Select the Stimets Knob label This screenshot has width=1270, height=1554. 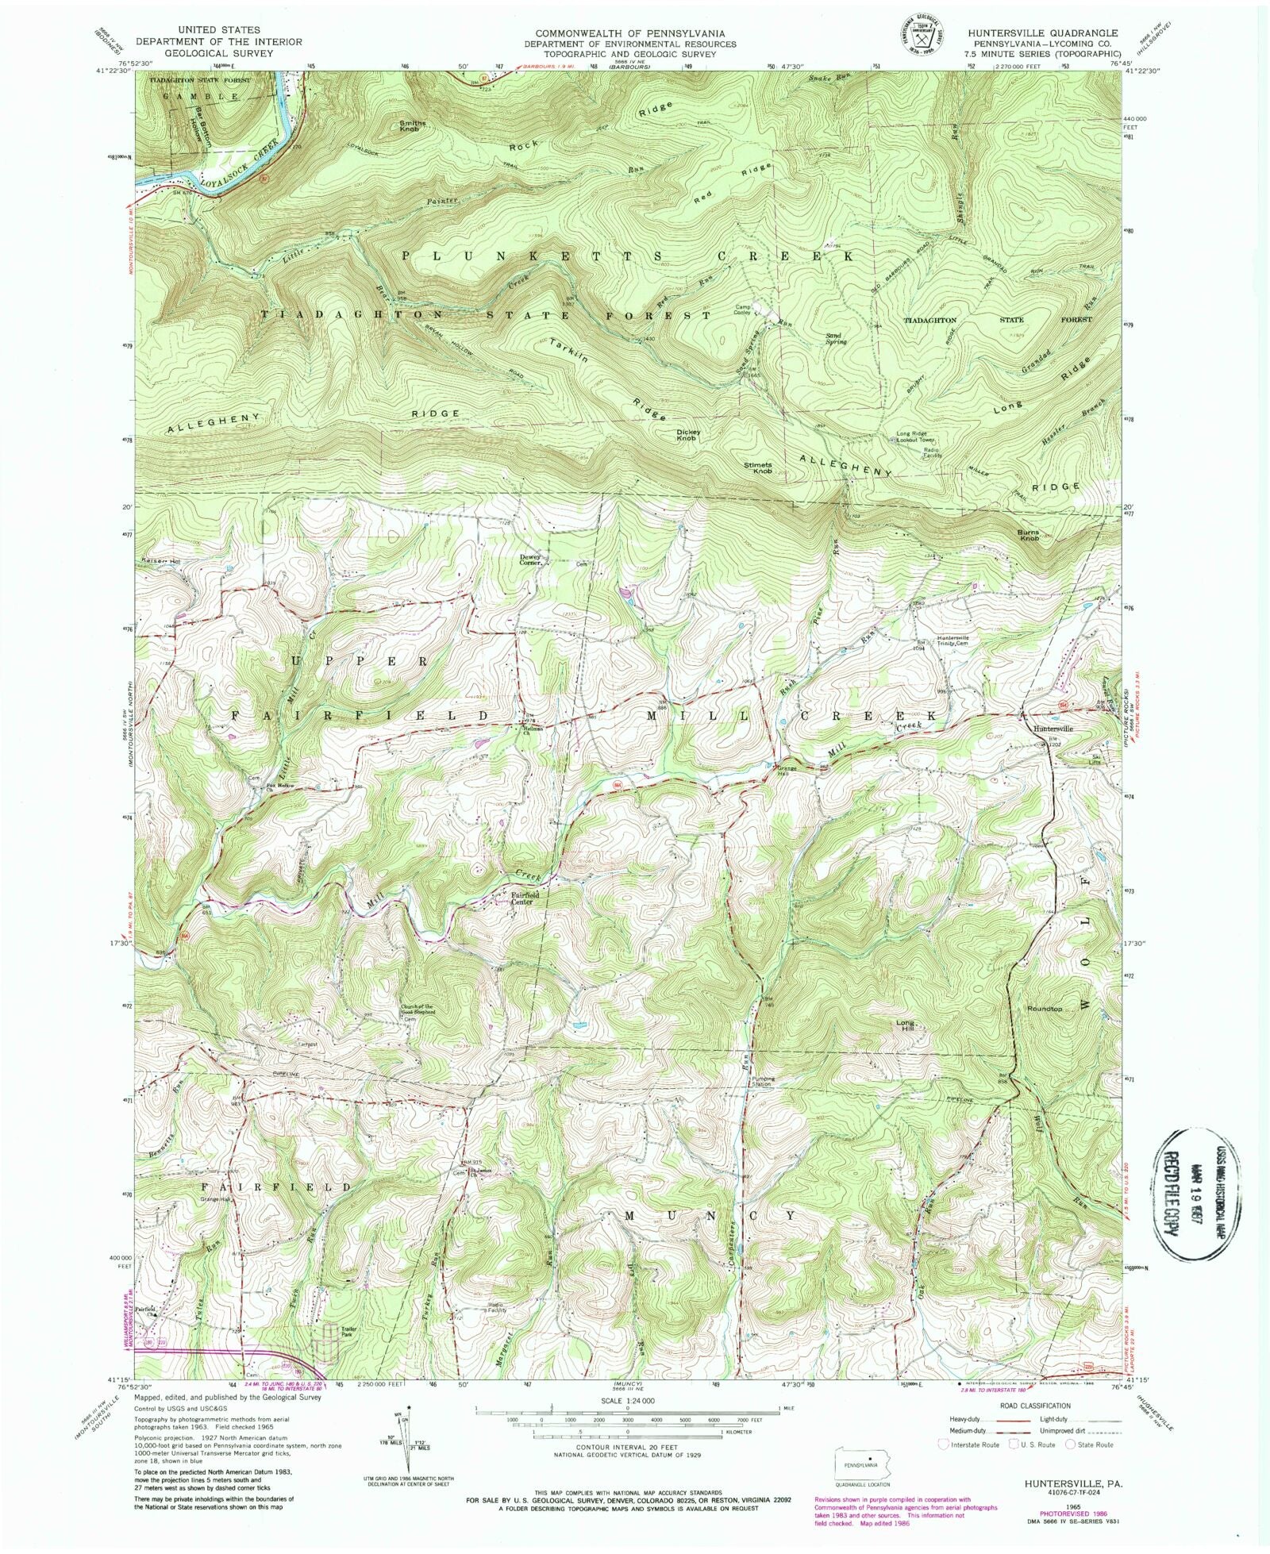(757, 468)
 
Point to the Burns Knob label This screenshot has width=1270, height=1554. (1029, 536)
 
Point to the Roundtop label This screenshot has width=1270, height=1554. (1045, 1010)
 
